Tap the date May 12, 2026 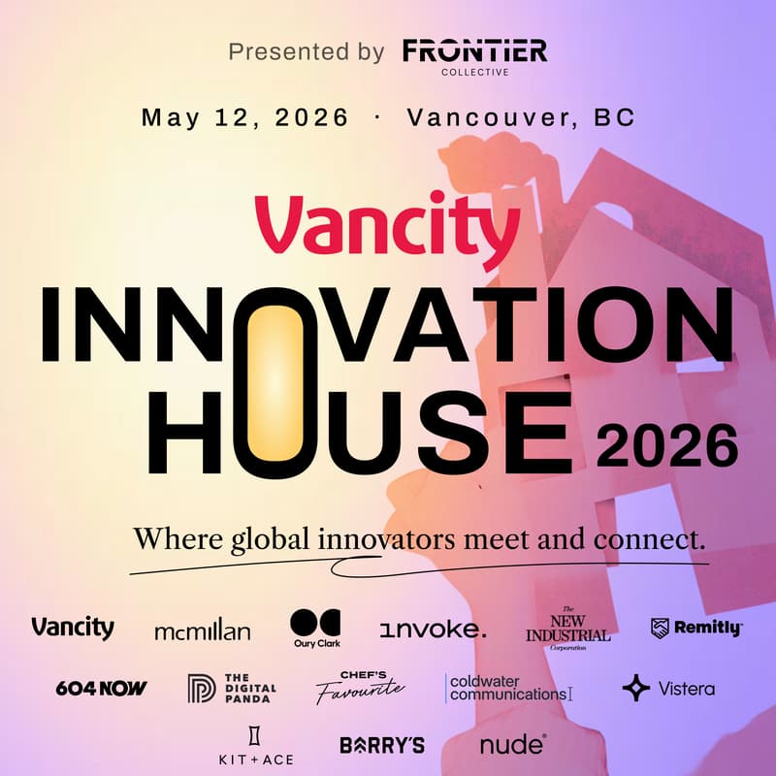pos(244,118)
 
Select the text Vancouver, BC pos(521,118)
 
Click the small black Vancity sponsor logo pos(72,628)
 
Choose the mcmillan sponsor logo pos(202,631)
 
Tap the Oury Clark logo pos(315,629)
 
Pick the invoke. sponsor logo pos(433,630)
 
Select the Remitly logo pos(695,629)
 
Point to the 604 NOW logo pos(101,689)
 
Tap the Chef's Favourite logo pos(358,688)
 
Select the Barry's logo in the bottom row pos(382,745)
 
